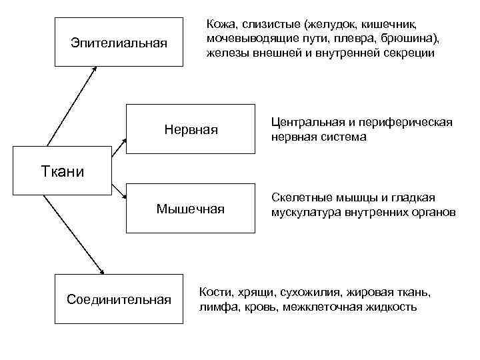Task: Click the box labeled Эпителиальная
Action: (x=119, y=43)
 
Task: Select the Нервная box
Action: (x=191, y=129)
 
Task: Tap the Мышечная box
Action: (x=191, y=209)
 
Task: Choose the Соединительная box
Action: (x=119, y=299)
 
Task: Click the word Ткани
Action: (x=60, y=172)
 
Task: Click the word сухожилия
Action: (x=310, y=293)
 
